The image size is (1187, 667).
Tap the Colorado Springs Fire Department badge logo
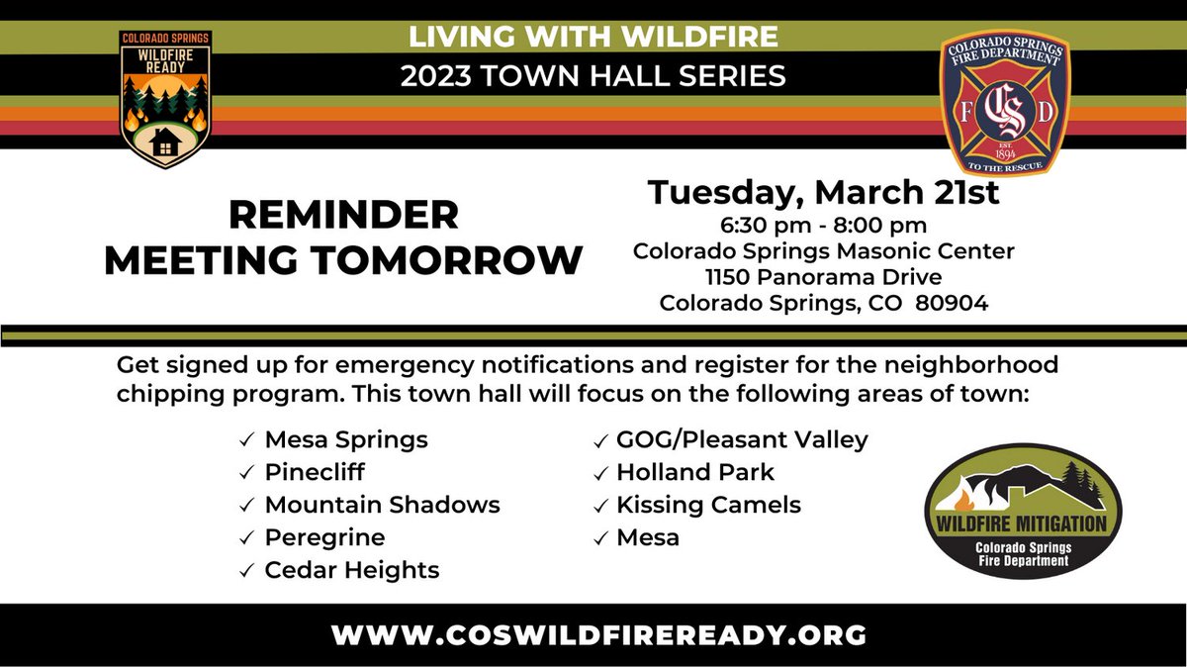1004,101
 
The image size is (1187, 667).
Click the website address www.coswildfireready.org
599,634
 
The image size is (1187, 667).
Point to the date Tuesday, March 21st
823,192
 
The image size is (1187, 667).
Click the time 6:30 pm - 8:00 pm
823,227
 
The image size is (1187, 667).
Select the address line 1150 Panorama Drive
823,277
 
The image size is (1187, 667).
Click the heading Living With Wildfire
593,37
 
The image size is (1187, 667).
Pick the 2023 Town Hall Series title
593,74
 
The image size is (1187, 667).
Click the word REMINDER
343,214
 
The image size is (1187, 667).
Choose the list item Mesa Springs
346,438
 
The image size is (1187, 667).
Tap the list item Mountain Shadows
382,505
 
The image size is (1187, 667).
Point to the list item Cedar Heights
351,570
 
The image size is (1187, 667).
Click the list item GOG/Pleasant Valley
742,438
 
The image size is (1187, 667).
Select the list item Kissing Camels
708,505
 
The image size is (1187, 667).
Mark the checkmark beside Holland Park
599,473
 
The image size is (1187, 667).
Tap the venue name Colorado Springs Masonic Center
823,251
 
